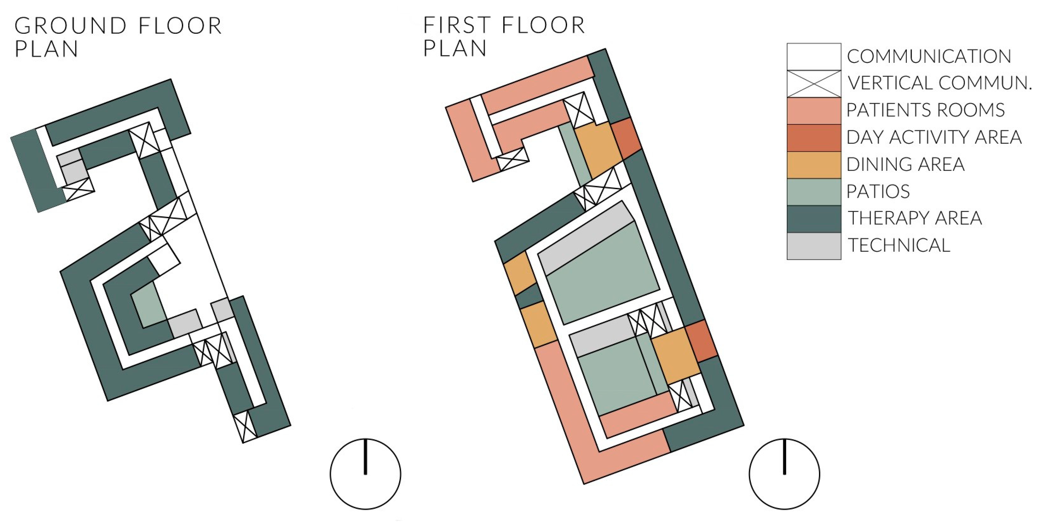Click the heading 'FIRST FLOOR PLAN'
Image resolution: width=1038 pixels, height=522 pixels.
pos(504,37)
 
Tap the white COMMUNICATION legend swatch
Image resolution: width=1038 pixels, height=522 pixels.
pos(814,56)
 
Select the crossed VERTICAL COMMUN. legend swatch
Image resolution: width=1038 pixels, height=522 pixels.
pos(814,84)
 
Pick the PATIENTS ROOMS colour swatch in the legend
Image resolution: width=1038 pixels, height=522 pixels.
pos(814,110)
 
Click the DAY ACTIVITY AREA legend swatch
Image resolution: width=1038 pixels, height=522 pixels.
pos(814,137)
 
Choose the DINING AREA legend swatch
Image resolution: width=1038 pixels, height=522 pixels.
pos(814,164)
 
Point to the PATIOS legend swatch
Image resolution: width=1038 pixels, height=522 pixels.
pos(814,191)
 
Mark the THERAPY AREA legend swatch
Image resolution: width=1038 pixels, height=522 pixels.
pos(814,219)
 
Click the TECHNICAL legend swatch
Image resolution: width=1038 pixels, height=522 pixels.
pos(814,246)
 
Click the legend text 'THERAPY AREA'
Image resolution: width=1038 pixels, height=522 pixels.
pos(915,219)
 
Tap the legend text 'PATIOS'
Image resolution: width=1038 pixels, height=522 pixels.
pos(878,191)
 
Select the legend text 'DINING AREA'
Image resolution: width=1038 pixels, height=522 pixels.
pos(905,164)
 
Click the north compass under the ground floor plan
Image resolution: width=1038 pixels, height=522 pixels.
pos(365,474)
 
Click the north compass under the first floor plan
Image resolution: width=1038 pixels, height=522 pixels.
pos(784,474)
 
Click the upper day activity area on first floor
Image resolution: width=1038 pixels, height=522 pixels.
pos(626,138)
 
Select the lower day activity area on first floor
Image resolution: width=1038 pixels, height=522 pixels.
pos(701,341)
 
